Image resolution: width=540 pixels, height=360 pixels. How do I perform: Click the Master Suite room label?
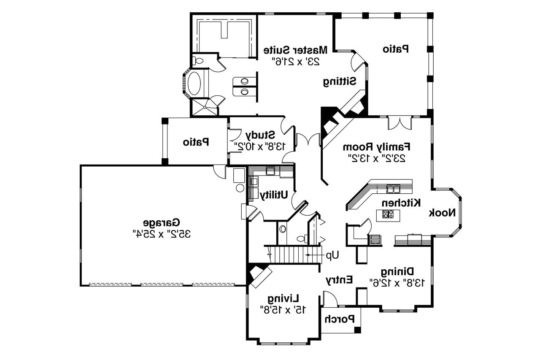pyautogui.click(x=295, y=50)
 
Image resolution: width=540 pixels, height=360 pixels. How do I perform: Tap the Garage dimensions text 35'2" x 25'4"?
pyautogui.click(x=162, y=233)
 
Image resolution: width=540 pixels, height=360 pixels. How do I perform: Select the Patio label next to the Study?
pyautogui.click(x=196, y=142)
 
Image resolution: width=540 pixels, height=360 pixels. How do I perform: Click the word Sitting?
pyautogui.click(x=340, y=81)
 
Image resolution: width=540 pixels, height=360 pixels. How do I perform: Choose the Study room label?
pyautogui.click(x=260, y=135)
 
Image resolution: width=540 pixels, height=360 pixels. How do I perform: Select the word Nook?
pyautogui.click(x=443, y=213)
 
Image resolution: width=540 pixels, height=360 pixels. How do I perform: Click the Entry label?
pyautogui.click(x=339, y=280)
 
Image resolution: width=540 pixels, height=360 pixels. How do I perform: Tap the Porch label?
pyautogui.click(x=340, y=319)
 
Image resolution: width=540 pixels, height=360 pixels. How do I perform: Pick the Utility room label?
pyautogui.click(x=274, y=195)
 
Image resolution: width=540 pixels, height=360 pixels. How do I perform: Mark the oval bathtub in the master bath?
pyautogui.click(x=195, y=85)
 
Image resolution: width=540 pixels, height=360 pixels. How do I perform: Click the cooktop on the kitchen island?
pyautogui.click(x=388, y=215)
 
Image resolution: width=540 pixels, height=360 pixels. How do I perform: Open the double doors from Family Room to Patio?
pyautogui.click(x=399, y=122)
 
